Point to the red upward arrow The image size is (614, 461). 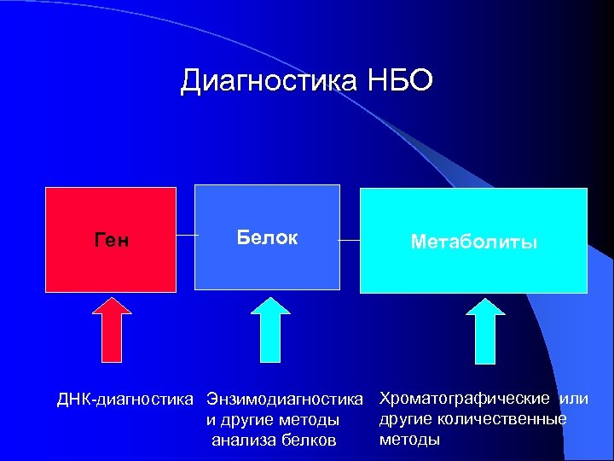pyautogui.click(x=112, y=329)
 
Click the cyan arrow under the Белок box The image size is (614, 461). pyautogui.click(x=270, y=329)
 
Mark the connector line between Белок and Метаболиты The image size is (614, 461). pyautogui.click(x=350, y=240)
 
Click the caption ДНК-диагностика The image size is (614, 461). pyautogui.click(x=126, y=400)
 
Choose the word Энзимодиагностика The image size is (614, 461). pyautogui.click(x=285, y=400)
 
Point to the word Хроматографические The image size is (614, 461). pyautogui.click(x=464, y=399)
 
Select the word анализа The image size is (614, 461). pyautogui.click(x=243, y=441)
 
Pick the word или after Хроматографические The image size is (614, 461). pyautogui.click(x=574, y=399)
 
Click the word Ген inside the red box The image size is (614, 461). pyautogui.click(x=111, y=242)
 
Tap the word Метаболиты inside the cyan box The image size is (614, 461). pyautogui.click(x=473, y=242)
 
